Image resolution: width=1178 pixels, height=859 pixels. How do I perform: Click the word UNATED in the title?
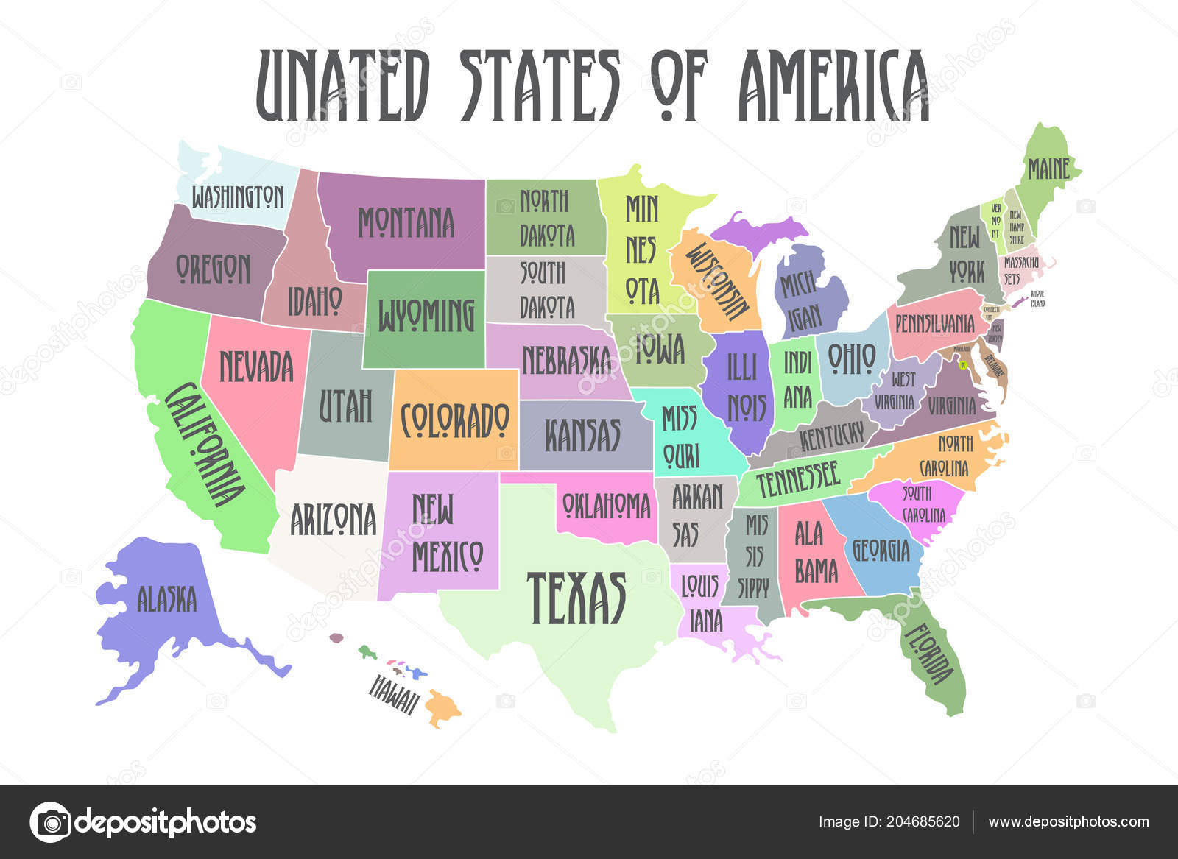342,85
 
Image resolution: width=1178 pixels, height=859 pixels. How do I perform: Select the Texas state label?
576,598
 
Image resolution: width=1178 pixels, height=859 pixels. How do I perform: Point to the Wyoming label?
426,316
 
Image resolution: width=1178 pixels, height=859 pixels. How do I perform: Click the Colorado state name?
454,420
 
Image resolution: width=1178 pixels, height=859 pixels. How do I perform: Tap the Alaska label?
166,599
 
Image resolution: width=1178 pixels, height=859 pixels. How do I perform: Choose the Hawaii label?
393,693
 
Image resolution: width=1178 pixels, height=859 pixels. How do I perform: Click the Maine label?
1048,169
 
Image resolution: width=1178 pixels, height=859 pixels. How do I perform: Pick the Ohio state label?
852,358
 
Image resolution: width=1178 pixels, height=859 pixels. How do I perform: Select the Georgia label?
881,549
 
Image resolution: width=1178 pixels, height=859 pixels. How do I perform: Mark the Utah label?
345,406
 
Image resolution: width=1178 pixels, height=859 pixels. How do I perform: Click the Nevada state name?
256,367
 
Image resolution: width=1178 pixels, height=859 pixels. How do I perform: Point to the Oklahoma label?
606,506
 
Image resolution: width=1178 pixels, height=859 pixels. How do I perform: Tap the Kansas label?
582,434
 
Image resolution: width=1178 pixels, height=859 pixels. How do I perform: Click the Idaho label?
314,300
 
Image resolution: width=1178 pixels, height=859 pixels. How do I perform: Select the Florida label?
928,654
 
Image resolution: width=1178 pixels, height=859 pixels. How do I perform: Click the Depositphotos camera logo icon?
50,821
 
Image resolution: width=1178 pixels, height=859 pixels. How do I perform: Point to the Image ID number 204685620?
925,821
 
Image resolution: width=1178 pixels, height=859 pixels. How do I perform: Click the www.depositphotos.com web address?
1068,821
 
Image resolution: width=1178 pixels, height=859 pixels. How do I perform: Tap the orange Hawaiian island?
442,708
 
